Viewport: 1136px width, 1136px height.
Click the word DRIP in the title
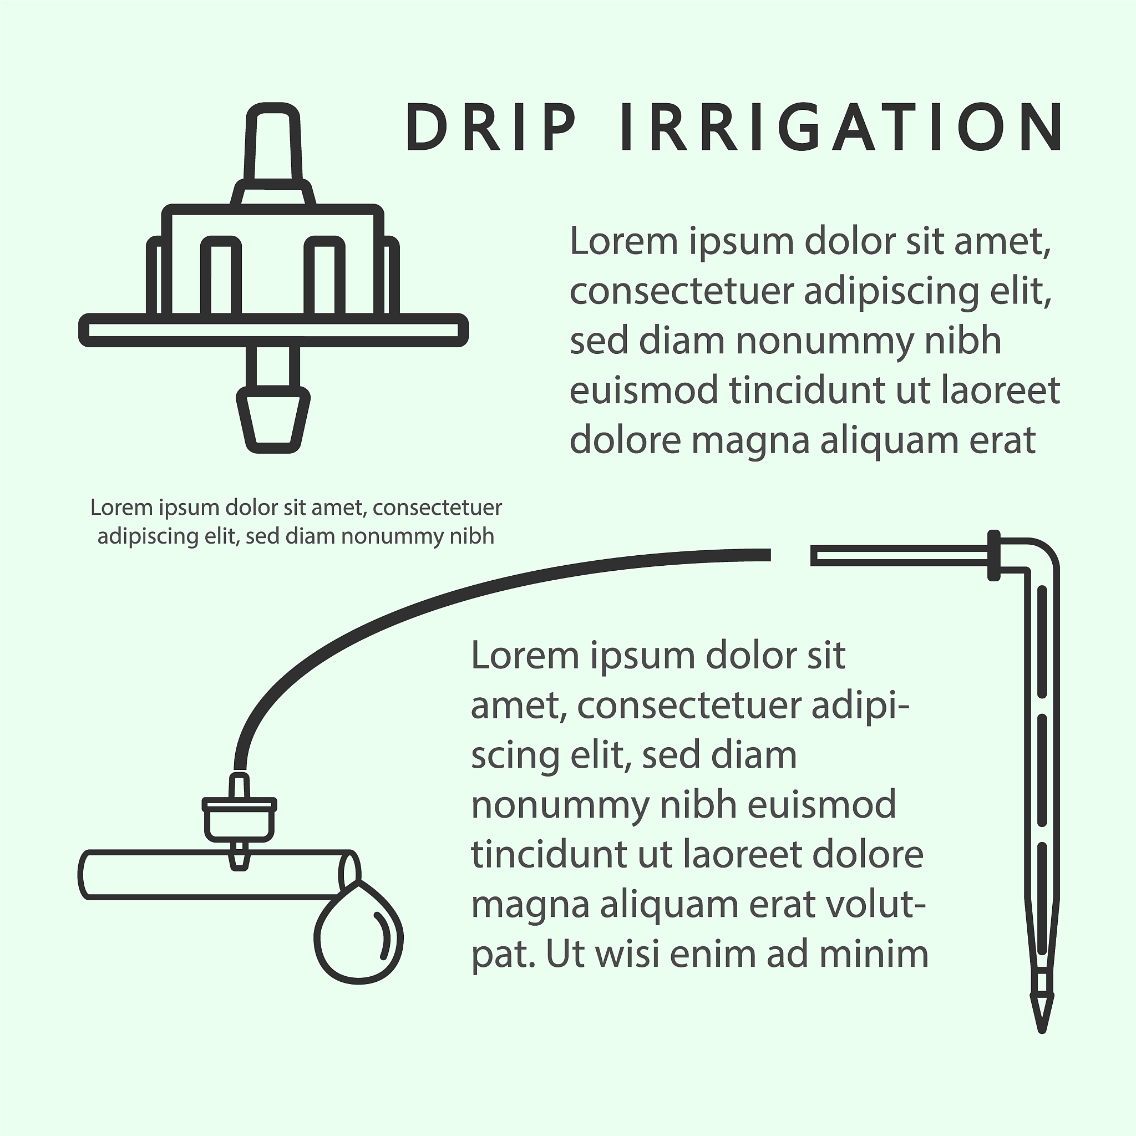point(490,128)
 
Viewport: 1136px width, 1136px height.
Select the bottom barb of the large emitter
point(273,420)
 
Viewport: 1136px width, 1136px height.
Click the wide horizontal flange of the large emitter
point(273,331)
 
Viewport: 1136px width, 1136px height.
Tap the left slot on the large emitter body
point(221,275)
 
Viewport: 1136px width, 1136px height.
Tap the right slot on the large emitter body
point(324,275)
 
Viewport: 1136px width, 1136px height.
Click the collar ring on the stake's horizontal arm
point(993,555)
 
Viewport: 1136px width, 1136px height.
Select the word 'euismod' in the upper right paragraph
point(644,390)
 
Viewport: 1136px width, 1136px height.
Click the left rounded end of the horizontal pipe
point(84,875)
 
